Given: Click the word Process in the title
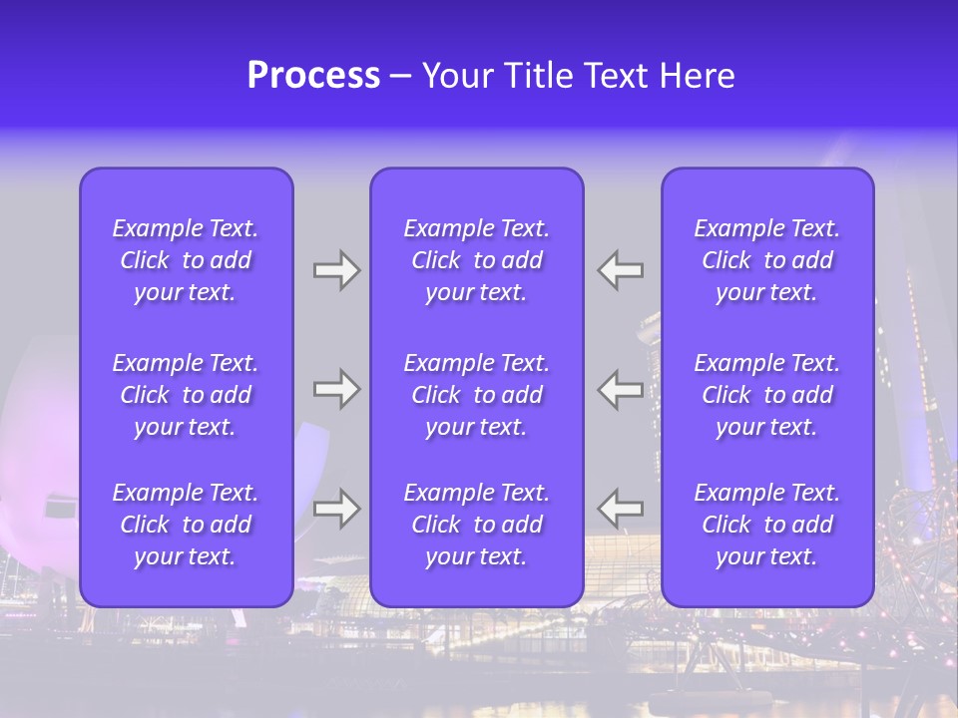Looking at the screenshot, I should tap(313, 76).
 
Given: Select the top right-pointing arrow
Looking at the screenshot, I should tap(336, 270).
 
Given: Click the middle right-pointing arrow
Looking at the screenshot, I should tap(336, 389).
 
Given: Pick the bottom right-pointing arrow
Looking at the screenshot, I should tap(336, 509).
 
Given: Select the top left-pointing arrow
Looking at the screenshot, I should tap(621, 270).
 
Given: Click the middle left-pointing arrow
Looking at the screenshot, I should tap(621, 389).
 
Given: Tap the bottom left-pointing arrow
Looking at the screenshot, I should tap(621, 509).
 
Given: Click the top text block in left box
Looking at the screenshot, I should tap(186, 260).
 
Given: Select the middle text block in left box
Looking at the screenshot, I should tap(186, 395).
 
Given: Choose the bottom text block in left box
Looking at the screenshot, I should tap(186, 525).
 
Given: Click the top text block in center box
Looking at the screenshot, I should tap(476, 260).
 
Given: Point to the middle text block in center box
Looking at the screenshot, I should tap(476, 395).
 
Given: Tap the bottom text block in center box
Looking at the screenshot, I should tap(476, 525).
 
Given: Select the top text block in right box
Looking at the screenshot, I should tap(766, 260).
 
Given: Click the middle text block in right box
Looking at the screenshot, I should tap(766, 395).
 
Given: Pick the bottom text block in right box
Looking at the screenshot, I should tap(766, 525).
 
